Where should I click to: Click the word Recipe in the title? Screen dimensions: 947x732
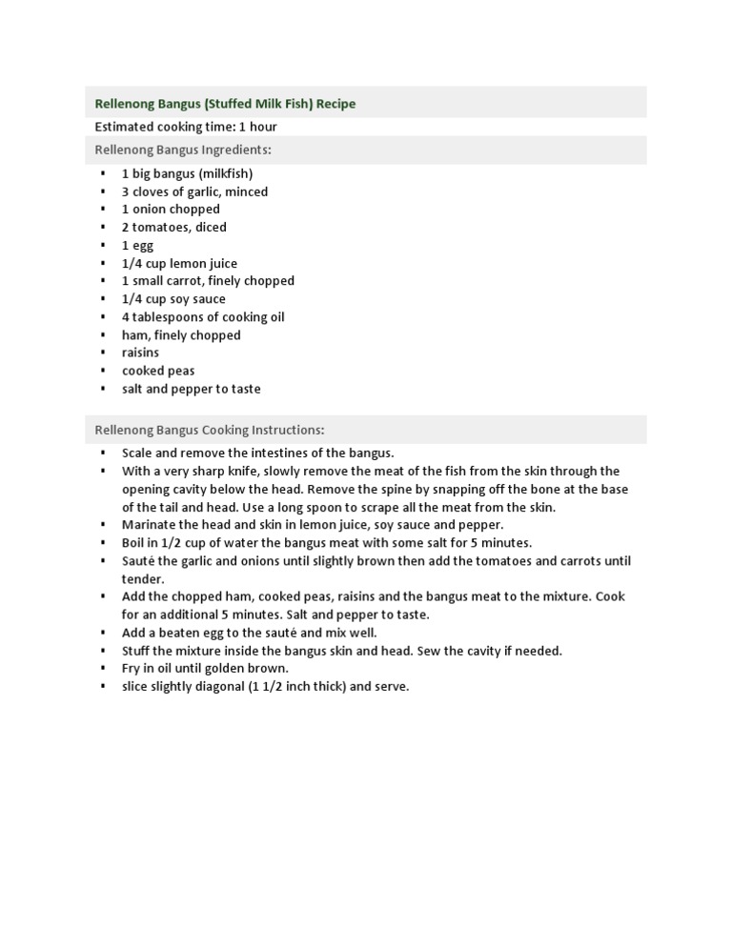335,104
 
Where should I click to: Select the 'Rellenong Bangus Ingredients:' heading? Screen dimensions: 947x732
183,150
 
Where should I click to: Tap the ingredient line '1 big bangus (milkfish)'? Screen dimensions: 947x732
187,173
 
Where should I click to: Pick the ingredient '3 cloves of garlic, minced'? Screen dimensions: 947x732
194,191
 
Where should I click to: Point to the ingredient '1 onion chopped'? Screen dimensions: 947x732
171,210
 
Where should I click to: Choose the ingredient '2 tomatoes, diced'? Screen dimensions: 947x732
173,228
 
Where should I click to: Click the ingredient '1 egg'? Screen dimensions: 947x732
137,245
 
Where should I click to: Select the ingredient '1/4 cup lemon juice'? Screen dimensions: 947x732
179,263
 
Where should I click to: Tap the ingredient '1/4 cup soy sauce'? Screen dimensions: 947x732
173,299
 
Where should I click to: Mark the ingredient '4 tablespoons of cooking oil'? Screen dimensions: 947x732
203,317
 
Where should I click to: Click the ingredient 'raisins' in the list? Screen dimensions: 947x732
140,353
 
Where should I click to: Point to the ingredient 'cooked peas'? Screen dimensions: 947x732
157,371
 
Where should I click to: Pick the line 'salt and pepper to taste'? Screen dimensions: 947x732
191,389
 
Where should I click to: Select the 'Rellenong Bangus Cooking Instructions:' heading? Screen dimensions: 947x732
210,430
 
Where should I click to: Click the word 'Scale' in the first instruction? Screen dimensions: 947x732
137,453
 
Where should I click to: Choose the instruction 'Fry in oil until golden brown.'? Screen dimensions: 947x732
205,668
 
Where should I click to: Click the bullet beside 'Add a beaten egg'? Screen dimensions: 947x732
103,633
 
